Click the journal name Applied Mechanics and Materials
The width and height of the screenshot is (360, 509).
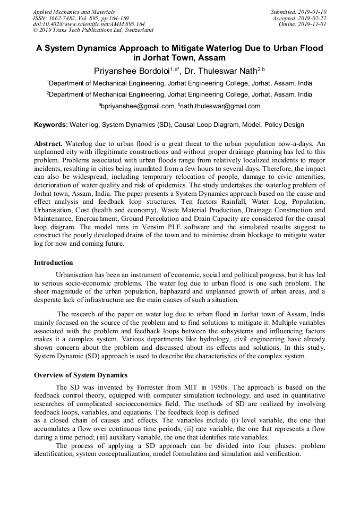[x=74, y=12]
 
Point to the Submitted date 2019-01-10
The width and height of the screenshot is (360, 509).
[x=299, y=12]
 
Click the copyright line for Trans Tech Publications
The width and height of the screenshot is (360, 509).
[x=93, y=31]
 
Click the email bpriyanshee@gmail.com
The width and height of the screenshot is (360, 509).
[x=137, y=106]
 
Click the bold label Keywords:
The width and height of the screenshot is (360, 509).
[x=51, y=125]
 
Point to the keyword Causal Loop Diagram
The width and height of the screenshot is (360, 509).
[x=205, y=125]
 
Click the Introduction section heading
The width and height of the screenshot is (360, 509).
[x=54, y=263]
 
